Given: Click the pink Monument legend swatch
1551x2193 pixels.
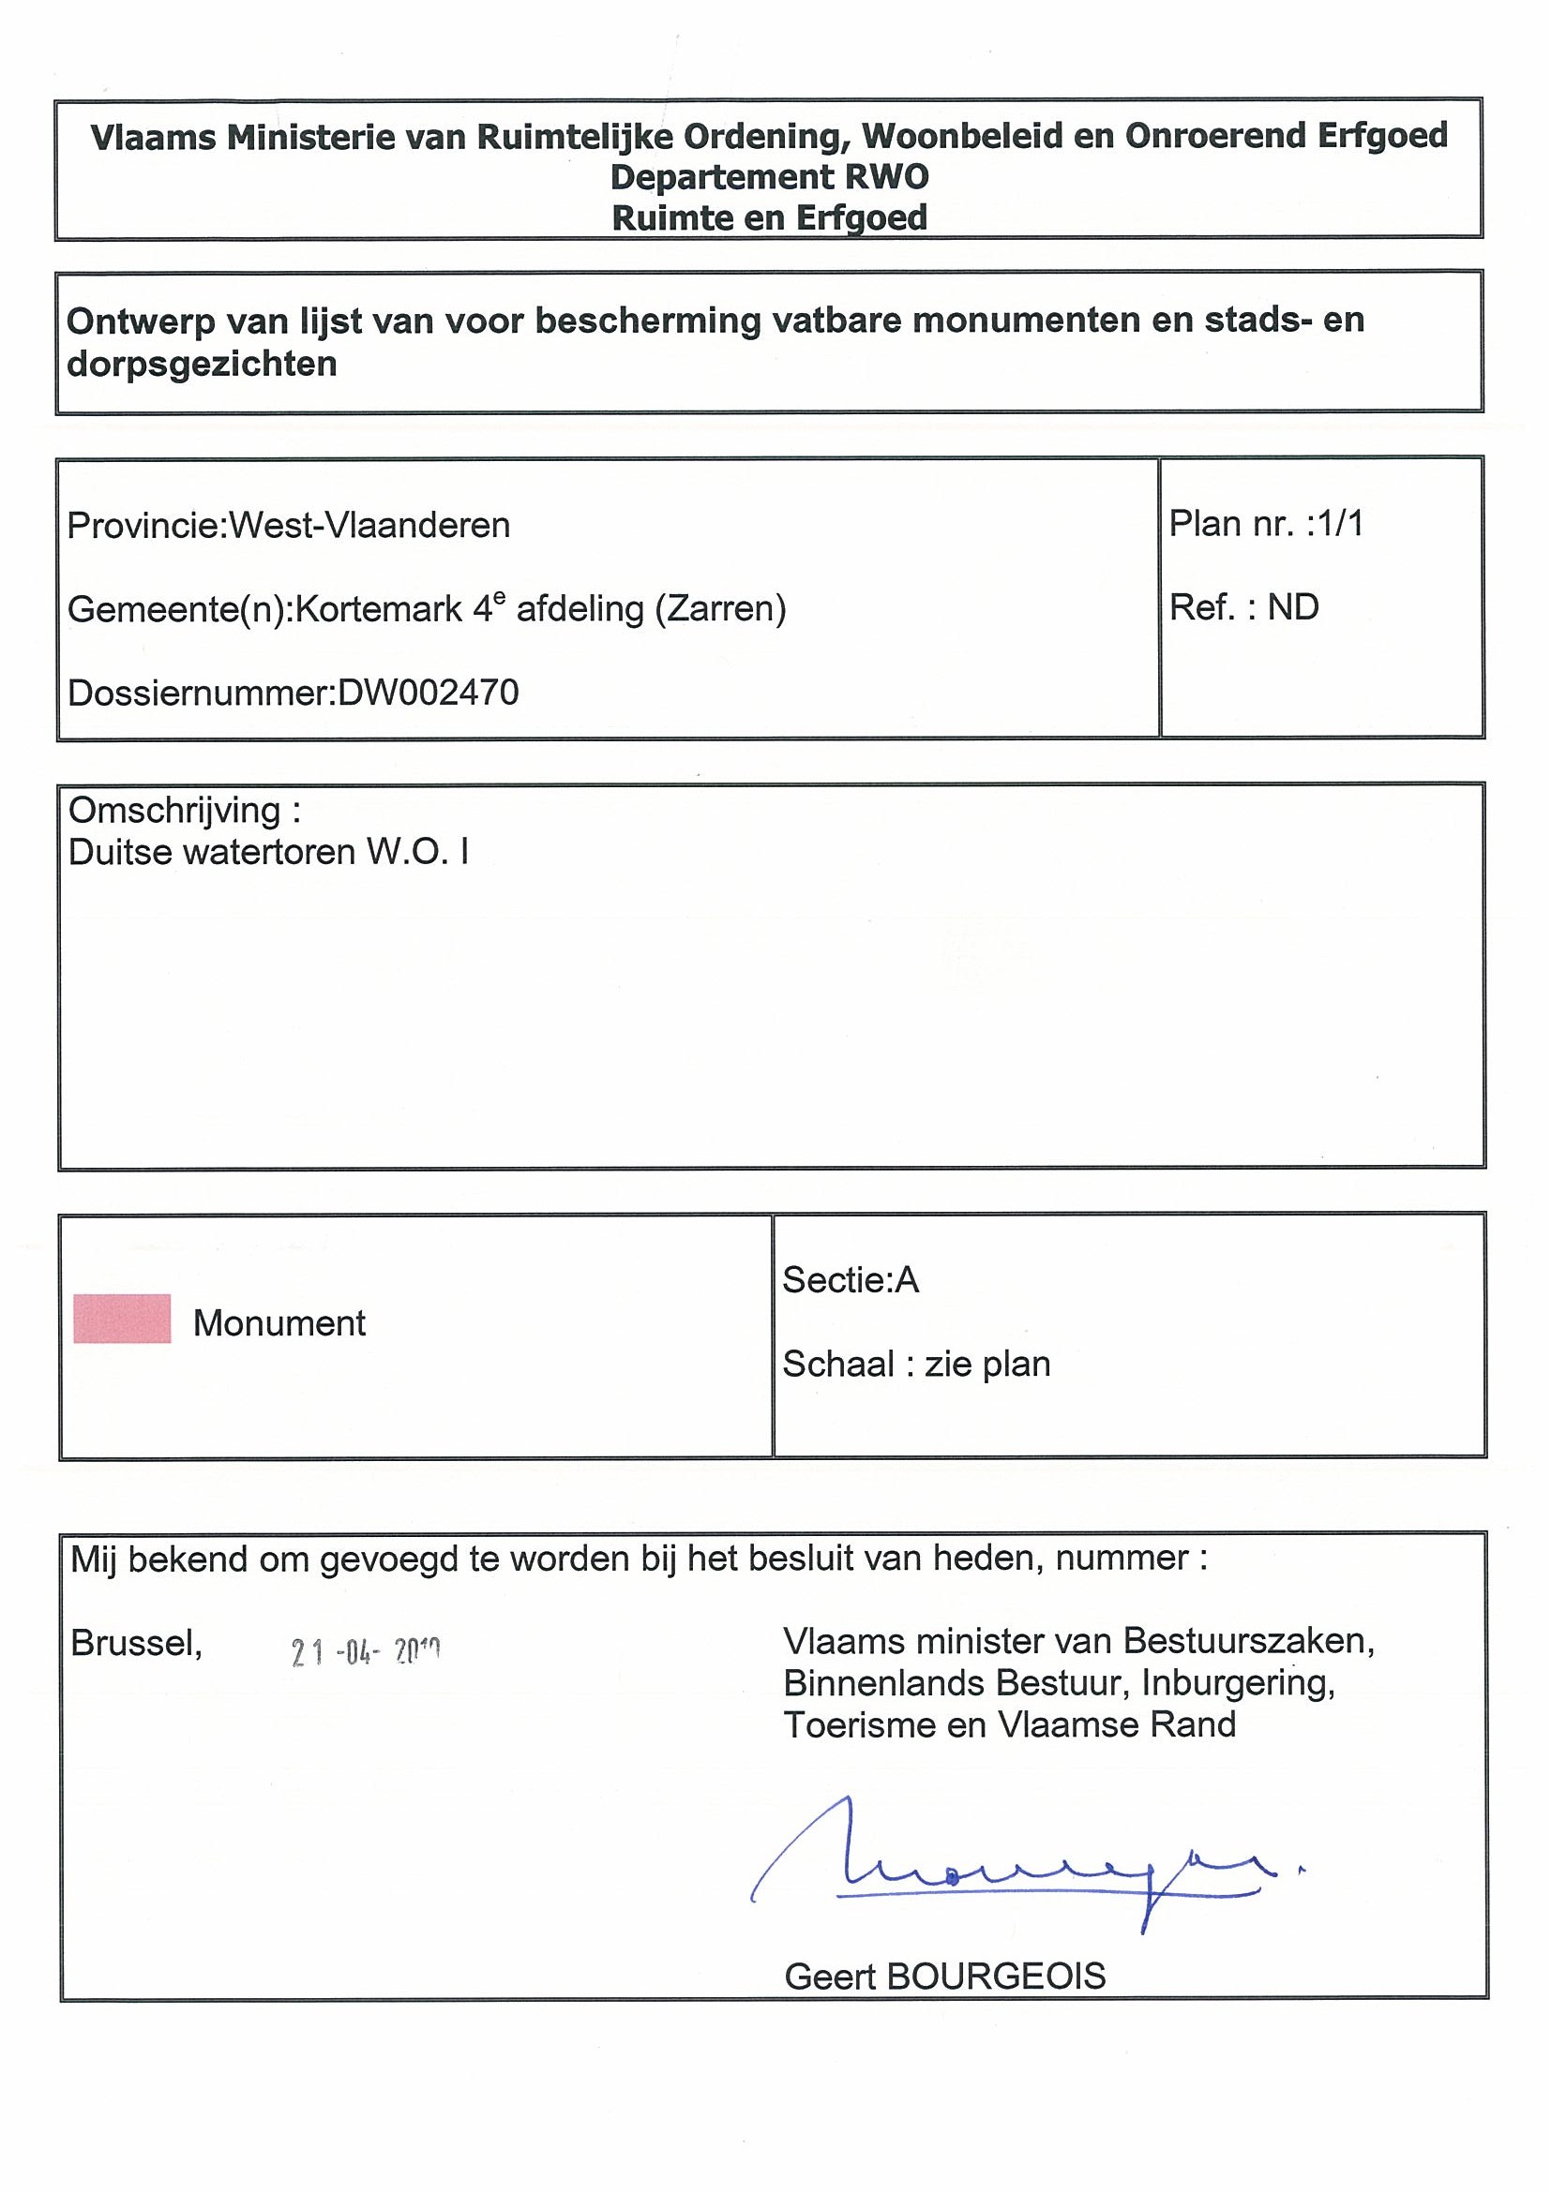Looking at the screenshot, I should point(122,1318).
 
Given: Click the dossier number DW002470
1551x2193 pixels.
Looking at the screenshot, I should point(429,692).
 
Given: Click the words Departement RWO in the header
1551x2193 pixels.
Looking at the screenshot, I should point(769,178).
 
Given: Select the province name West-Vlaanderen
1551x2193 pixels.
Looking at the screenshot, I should point(369,526).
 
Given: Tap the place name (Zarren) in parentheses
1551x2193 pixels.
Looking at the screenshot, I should point(719,608).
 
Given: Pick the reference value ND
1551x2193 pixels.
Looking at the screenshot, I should point(1293,607).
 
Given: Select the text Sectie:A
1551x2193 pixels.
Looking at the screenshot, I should point(851,1280).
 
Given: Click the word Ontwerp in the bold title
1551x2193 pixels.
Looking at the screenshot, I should point(141,321).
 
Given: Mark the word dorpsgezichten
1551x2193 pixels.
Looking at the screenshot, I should point(202,364).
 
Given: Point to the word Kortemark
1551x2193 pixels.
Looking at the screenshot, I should point(379,608).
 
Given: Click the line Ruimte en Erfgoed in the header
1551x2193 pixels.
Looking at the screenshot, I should point(769,217).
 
